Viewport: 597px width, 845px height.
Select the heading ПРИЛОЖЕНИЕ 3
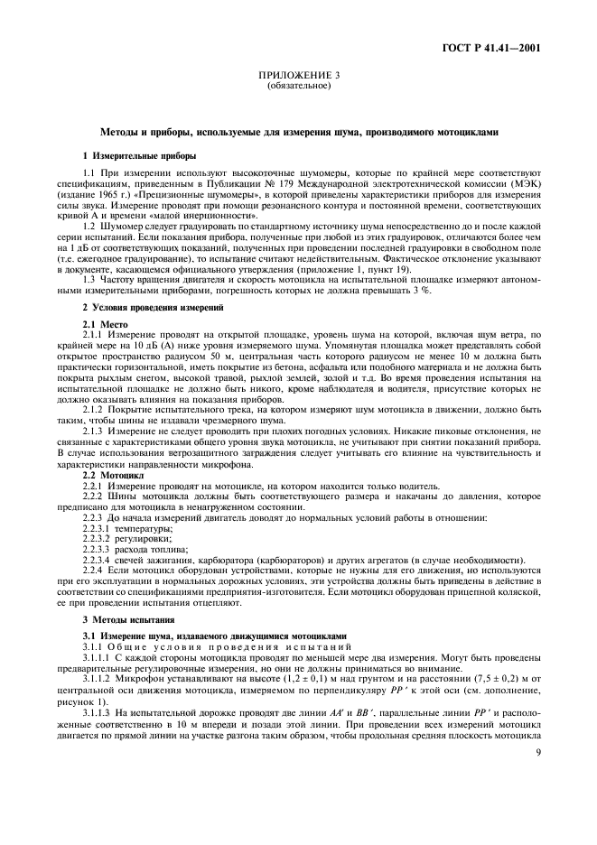[x=298, y=79]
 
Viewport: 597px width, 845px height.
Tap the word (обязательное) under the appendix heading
[x=298, y=88]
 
